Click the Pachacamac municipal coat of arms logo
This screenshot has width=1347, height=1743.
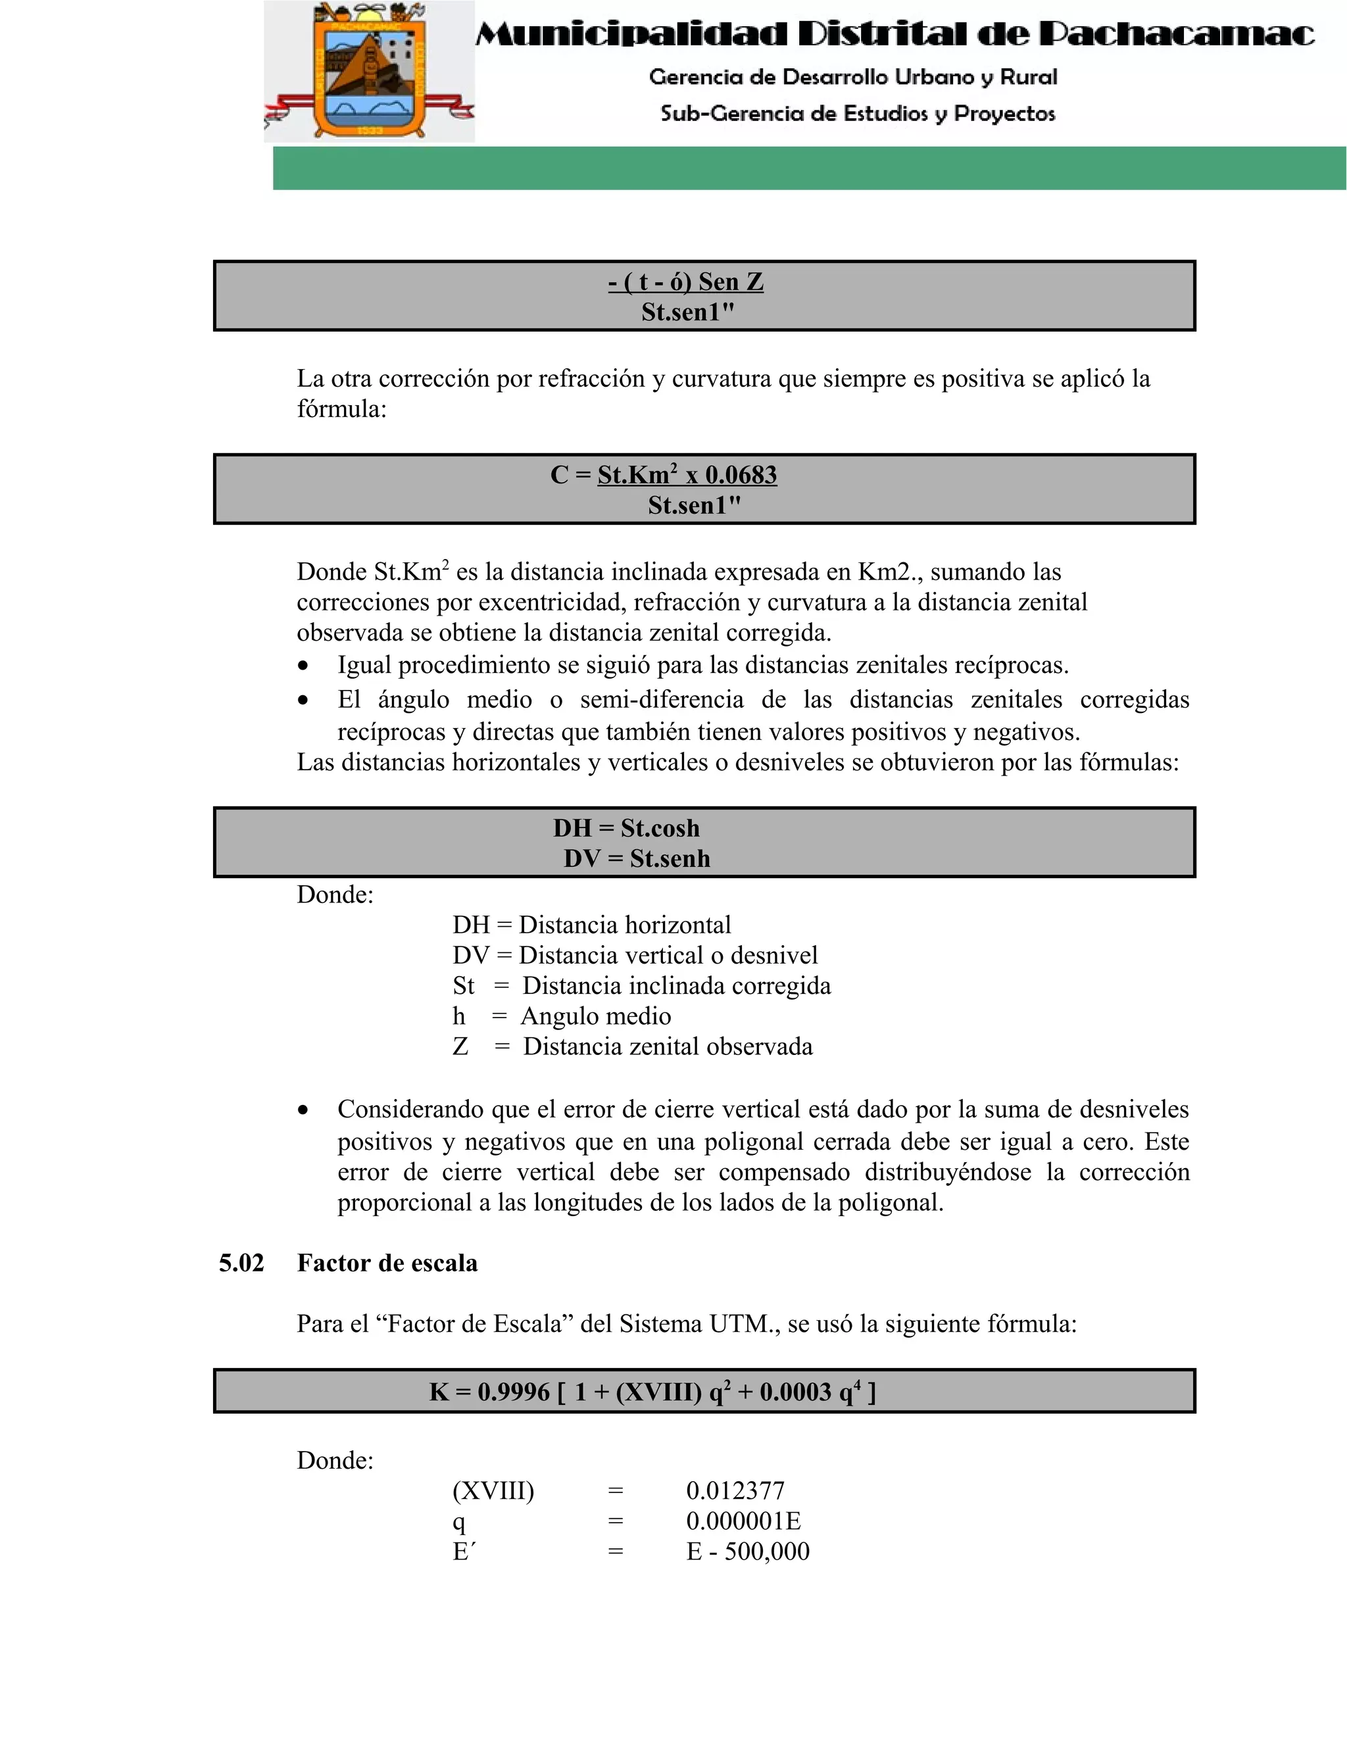click(369, 72)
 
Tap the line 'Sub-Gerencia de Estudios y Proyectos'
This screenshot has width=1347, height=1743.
click(857, 113)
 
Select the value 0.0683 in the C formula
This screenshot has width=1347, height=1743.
click(741, 475)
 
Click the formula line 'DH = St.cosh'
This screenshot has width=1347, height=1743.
click(626, 827)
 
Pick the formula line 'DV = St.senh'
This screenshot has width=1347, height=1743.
click(636, 859)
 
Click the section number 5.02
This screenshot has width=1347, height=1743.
click(242, 1264)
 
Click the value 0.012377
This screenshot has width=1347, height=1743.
click(735, 1491)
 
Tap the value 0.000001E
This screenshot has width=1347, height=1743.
click(743, 1521)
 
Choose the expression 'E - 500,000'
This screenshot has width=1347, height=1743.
click(748, 1552)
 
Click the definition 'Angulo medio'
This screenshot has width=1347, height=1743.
click(595, 1016)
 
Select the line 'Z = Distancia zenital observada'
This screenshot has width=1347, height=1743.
click(632, 1046)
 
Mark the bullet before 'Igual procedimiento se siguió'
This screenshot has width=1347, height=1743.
click(303, 666)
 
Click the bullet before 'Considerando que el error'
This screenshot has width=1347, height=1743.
click(303, 1110)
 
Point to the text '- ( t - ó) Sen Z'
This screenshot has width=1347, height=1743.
click(685, 282)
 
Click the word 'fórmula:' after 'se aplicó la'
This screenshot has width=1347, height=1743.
click(341, 408)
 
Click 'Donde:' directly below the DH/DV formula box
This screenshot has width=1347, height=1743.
click(335, 895)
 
